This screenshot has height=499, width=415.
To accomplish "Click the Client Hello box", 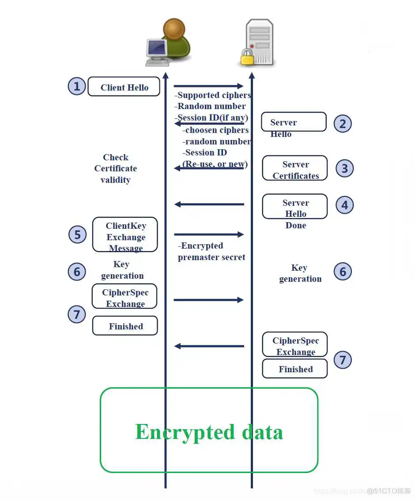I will (124, 87).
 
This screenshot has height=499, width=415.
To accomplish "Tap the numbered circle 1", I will (76, 86).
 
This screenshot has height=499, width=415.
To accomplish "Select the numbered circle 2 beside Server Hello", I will (343, 124).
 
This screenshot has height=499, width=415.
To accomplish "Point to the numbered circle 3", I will (344, 168).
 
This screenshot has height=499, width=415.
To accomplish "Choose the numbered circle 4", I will (344, 205).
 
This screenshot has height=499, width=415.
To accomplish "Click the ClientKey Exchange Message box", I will (125, 234).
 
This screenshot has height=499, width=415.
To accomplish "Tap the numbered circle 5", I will (77, 234).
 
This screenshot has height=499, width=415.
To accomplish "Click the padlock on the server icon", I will (247, 57).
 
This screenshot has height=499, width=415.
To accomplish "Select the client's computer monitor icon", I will (156, 51).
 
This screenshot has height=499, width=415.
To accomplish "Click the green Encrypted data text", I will (209, 431).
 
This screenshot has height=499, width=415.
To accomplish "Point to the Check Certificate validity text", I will (116, 169).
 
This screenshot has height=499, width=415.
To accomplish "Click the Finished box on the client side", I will (125, 326).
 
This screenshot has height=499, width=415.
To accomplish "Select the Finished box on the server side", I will (295, 369).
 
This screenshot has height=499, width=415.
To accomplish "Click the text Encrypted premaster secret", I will (211, 252).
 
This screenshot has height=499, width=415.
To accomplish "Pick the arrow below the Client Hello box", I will (208, 86).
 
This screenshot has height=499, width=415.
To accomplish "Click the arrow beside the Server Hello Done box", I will (209, 204).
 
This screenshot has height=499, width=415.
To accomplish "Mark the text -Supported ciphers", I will (213, 95).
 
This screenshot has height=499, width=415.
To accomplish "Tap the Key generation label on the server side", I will (300, 273).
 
